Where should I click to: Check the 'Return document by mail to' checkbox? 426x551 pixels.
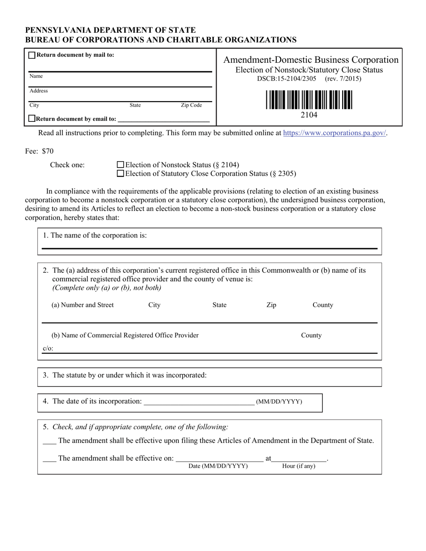click(x=32, y=56)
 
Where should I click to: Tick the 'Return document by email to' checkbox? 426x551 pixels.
click(x=32, y=119)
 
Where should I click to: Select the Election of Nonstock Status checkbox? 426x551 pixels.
click(x=120, y=165)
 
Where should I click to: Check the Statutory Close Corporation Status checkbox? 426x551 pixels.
click(x=120, y=173)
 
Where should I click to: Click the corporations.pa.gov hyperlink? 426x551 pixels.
click(x=335, y=133)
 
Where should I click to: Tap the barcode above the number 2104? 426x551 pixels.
click(x=309, y=100)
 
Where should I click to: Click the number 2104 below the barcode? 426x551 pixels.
click(x=309, y=115)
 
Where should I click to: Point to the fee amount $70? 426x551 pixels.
click(x=48, y=151)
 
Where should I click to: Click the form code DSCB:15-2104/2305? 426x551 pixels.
click(x=287, y=79)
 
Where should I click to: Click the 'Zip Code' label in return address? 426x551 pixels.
click(x=191, y=105)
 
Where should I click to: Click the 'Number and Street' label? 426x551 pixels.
click(x=83, y=305)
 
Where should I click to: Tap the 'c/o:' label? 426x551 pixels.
click(x=48, y=349)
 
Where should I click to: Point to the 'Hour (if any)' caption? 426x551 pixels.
click(x=299, y=466)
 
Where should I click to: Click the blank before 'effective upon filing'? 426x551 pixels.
click(x=49, y=441)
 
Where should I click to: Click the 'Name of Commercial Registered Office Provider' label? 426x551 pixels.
click(x=125, y=336)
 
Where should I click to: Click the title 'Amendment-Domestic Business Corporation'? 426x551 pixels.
click(x=311, y=60)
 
